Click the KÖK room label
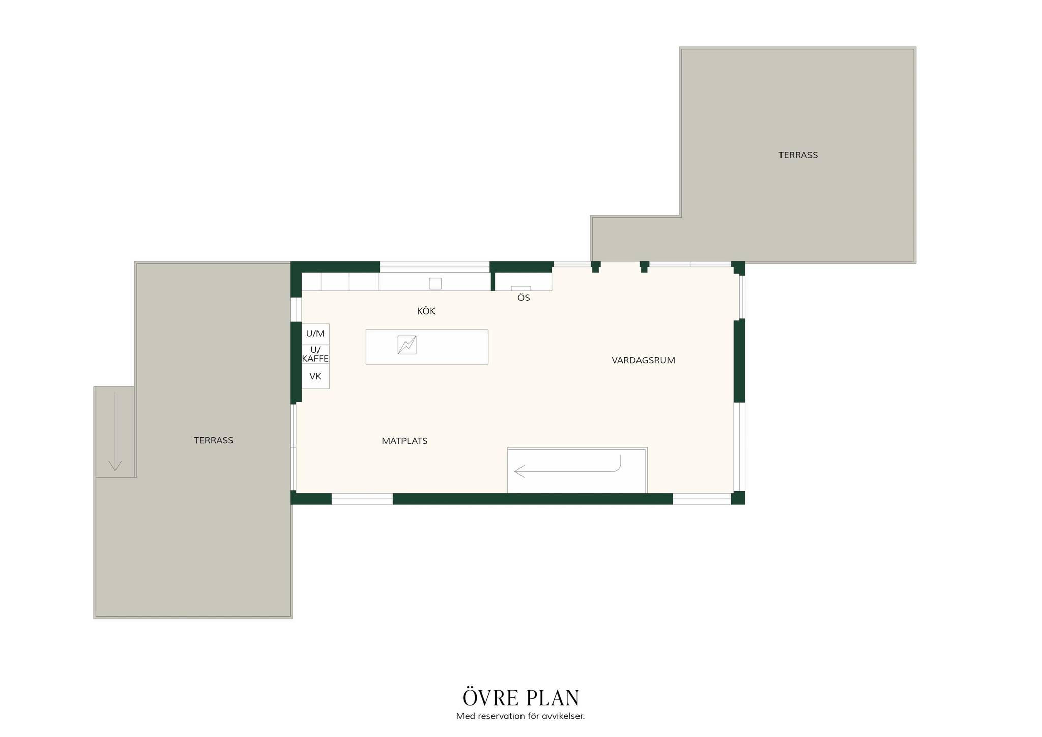click(426, 311)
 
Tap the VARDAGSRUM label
click(643, 360)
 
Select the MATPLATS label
click(404, 441)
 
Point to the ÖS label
click(524, 298)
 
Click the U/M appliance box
click(315, 334)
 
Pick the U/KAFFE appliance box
click(315, 354)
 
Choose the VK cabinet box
click(315, 376)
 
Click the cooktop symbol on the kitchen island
click(407, 345)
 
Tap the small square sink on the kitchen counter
click(435, 284)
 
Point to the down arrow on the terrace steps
click(115, 432)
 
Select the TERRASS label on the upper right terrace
click(798, 155)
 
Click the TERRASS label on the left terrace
click(213, 440)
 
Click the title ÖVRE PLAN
click(521, 697)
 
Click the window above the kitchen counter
click(435, 264)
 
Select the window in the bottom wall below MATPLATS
click(362, 499)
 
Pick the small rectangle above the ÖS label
click(521, 288)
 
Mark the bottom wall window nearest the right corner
click(702, 499)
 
